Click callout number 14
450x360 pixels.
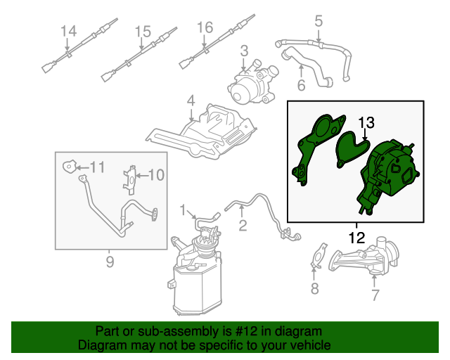67,31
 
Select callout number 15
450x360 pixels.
143,31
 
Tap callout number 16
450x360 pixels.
204,27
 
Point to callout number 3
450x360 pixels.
243,51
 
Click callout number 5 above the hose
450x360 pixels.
319,21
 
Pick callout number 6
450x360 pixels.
301,86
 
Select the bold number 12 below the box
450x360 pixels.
356,237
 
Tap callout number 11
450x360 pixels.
96,167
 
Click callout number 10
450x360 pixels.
156,174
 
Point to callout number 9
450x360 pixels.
110,263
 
